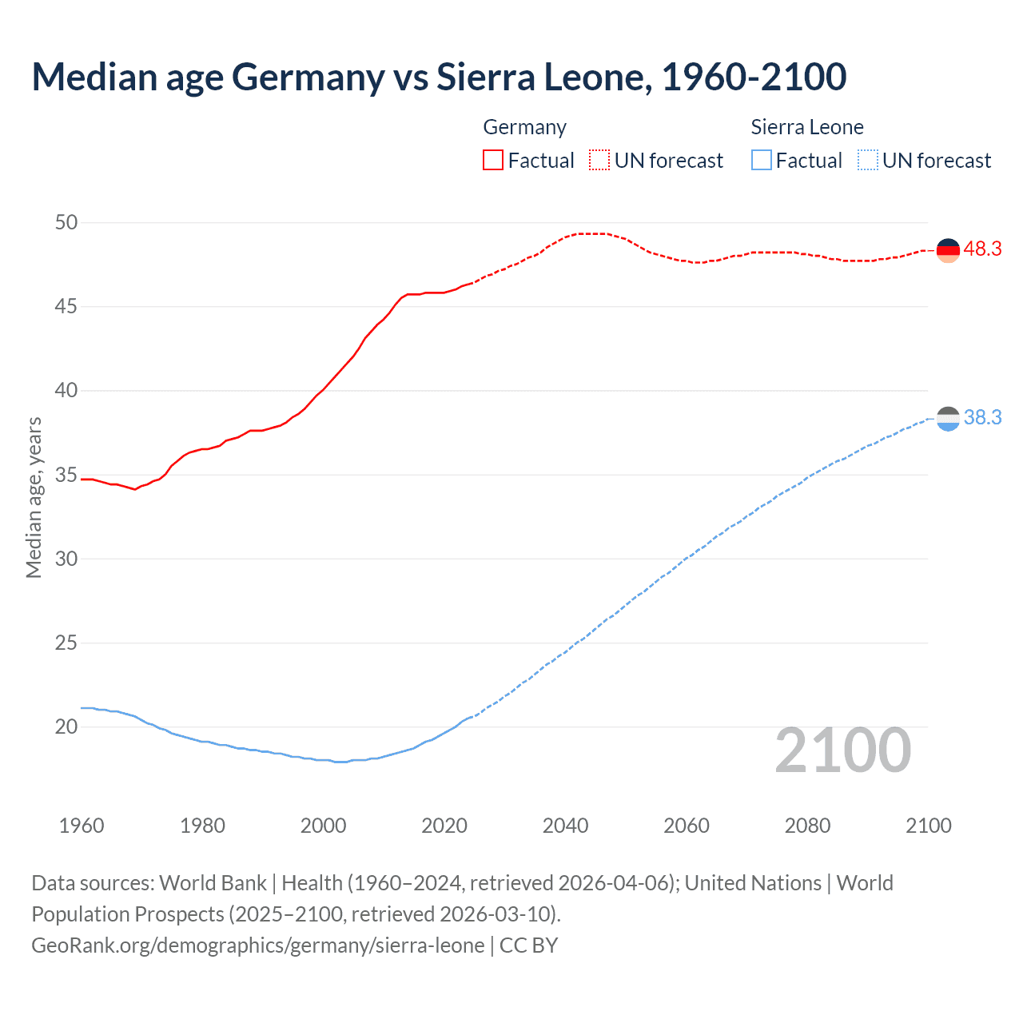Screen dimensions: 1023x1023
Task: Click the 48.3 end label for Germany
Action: pyautogui.click(x=982, y=249)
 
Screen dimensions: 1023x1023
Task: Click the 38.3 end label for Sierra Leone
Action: pyautogui.click(x=982, y=418)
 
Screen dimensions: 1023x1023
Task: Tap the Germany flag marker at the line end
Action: pyautogui.click(x=948, y=250)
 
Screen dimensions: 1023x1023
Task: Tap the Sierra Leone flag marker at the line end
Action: pyautogui.click(x=948, y=419)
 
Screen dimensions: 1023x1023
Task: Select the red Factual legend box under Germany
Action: pyautogui.click(x=493, y=161)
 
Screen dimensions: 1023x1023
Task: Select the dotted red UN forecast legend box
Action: pyautogui.click(x=599, y=161)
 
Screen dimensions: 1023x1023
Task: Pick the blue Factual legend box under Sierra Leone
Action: pyautogui.click(x=762, y=161)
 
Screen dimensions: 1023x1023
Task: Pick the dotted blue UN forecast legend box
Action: pyautogui.click(x=867, y=161)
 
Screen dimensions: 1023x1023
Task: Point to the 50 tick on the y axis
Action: pyautogui.click(x=66, y=222)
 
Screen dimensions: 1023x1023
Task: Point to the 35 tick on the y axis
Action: pyautogui.click(x=66, y=475)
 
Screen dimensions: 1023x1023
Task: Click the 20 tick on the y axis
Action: pyautogui.click(x=66, y=726)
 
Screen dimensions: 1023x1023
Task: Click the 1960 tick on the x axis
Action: pyautogui.click(x=82, y=826)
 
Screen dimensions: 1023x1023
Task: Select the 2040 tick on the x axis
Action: pyautogui.click(x=565, y=826)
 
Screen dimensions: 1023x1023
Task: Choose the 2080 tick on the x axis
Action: pyautogui.click(x=807, y=826)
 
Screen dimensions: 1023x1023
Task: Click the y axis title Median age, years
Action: pyautogui.click(x=34, y=497)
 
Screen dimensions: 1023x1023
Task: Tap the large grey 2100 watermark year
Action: pyautogui.click(x=842, y=750)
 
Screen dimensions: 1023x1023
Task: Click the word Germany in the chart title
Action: pyautogui.click(x=308, y=77)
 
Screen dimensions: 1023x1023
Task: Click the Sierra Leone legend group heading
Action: pyautogui.click(x=807, y=127)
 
